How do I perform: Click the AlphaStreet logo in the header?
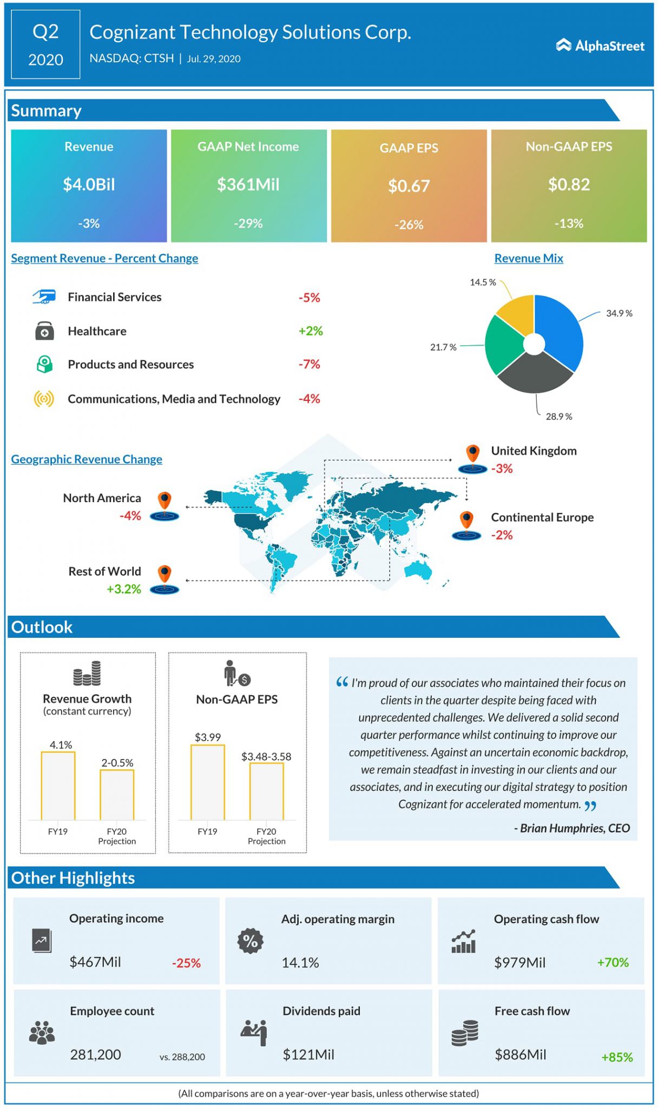pos(600,46)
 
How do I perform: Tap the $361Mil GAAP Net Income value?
pos(248,184)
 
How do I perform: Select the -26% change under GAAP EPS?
pos(409,225)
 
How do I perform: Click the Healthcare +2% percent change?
pos(311,331)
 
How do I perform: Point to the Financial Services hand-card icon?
pos(44,296)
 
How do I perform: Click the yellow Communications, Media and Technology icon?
pos(44,399)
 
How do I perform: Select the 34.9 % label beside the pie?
pos(618,313)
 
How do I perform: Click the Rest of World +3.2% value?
pos(124,589)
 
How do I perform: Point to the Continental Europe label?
pos(542,517)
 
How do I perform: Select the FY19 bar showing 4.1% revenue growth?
pos(58,786)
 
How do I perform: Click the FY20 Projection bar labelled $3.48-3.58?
pos(266,791)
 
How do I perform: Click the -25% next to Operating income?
pos(186,963)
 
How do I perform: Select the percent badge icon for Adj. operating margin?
pos(250,941)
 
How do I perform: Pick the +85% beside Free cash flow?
pos(617,1057)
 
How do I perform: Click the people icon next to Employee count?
pos(42,1032)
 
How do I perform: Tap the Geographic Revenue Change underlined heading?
pos(87,459)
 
